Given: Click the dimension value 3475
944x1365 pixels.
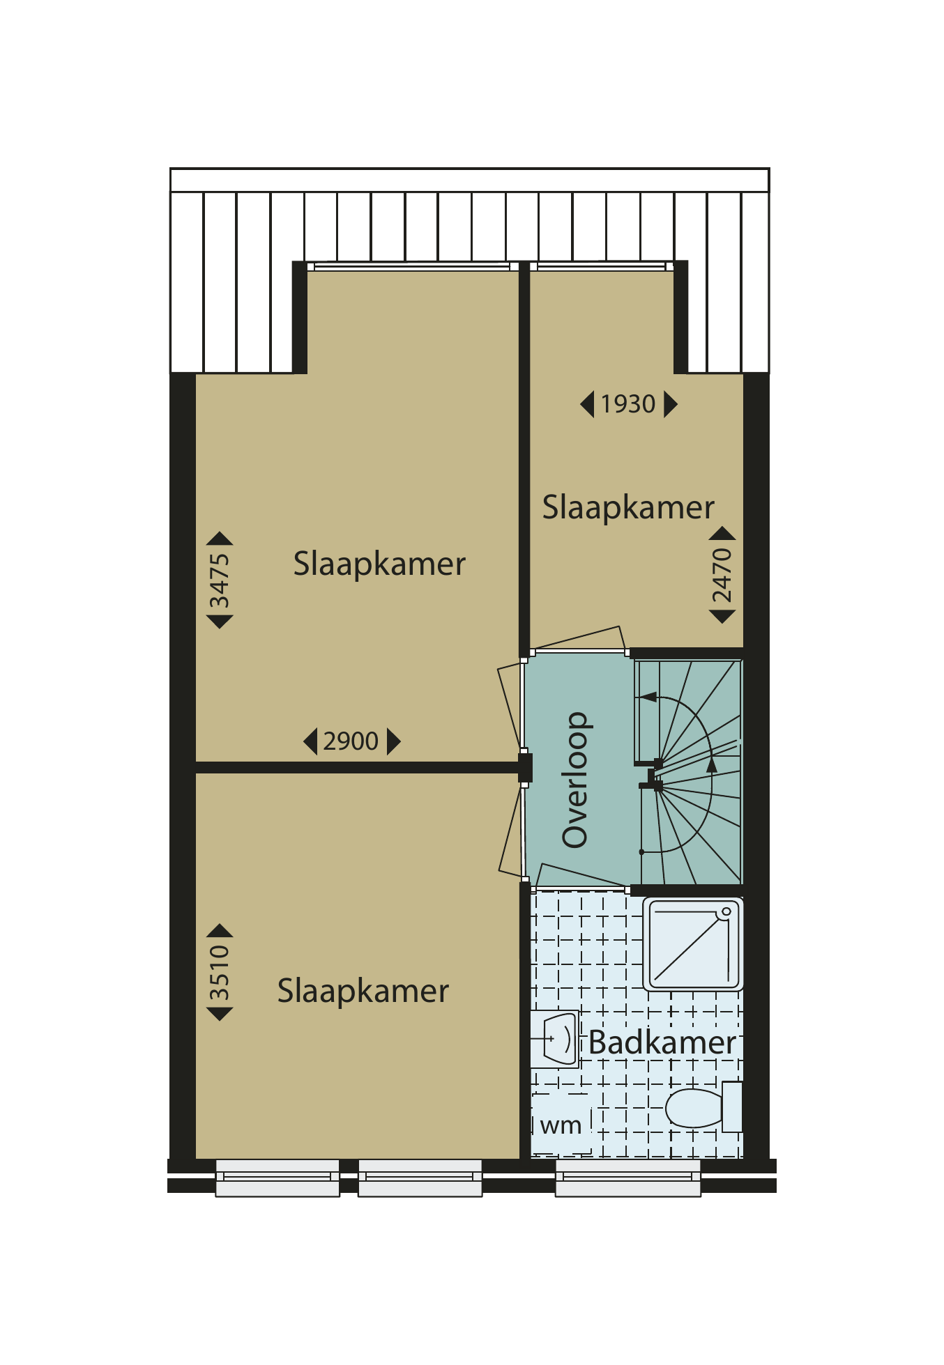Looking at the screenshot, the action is click(219, 580).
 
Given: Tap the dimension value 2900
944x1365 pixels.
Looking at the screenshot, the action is click(351, 741).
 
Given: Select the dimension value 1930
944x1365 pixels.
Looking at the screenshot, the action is click(628, 404).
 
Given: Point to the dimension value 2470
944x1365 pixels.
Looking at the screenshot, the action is click(722, 576).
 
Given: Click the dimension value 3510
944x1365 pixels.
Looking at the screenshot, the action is click(219, 973).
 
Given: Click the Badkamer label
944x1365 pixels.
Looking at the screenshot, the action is click(662, 1042).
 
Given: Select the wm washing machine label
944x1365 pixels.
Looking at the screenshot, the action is click(561, 1125).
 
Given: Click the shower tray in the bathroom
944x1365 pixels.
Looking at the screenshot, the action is click(693, 944).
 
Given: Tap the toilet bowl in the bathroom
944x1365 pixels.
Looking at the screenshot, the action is click(694, 1107).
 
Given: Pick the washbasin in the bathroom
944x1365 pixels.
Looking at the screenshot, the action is click(556, 1039).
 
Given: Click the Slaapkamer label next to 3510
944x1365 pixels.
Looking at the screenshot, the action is click(363, 991).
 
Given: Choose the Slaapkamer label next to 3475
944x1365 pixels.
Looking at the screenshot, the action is click(379, 564).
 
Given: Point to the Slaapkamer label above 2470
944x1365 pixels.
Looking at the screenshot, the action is click(628, 507).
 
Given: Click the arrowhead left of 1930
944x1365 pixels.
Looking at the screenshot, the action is click(587, 404).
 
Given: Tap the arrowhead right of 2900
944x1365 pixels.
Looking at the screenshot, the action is click(394, 741).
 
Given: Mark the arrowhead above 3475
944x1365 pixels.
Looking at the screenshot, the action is click(220, 538).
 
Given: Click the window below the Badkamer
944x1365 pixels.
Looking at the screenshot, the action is click(628, 1178).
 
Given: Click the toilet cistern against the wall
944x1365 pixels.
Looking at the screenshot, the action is click(732, 1106).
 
